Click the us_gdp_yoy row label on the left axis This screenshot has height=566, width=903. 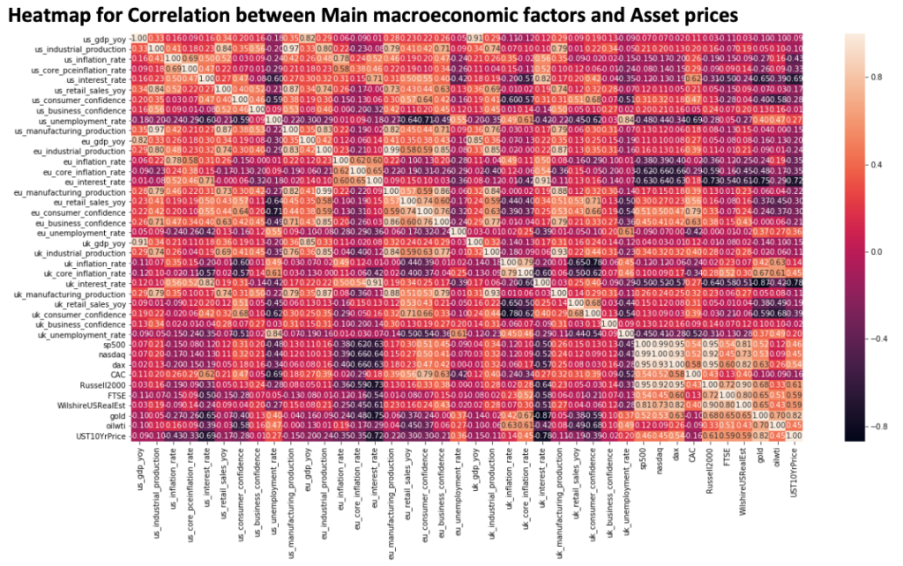pyautogui.click(x=103, y=39)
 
